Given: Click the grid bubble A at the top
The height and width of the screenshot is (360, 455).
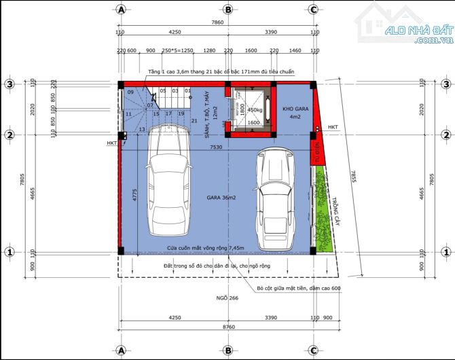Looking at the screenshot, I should (121, 10).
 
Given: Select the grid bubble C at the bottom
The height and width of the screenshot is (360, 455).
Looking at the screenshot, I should (313, 350).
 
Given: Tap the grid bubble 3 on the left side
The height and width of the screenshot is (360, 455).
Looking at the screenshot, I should (10, 84).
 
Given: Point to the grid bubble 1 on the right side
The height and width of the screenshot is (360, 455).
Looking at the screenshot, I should (445, 252).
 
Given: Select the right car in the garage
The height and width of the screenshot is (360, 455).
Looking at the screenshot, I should (274, 200).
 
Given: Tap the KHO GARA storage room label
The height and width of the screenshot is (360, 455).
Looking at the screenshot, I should (295, 113).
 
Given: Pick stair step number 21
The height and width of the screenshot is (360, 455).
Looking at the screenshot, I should (194, 121).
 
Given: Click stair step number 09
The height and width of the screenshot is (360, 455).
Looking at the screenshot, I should (130, 91).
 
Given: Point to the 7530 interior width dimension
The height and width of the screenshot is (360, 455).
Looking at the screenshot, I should (216, 147).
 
